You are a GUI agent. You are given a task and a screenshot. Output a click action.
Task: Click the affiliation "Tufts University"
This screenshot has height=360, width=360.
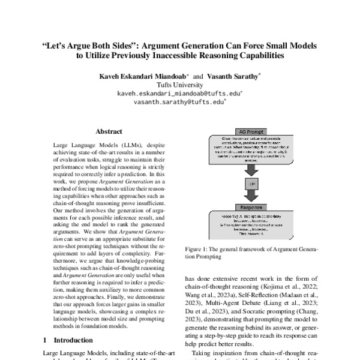[x=179, y=86]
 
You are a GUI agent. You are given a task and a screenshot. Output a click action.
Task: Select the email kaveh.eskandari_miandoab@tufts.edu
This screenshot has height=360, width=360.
[x=179, y=94]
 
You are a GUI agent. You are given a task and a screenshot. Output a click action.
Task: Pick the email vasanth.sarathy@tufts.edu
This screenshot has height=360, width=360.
[x=179, y=103]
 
